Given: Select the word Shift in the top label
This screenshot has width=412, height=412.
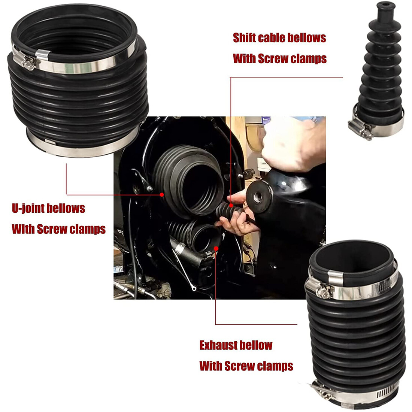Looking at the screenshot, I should coord(244,38).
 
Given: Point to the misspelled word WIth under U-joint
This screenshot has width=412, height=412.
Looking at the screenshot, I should coord(23,229).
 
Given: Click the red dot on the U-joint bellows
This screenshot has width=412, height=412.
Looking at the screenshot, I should coord(161,194).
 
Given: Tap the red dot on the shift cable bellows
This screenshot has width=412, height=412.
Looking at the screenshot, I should coord(231,205).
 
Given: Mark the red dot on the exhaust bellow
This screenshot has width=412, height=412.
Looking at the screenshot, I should coord(216,248).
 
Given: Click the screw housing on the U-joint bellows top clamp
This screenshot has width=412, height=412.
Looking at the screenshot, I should coord(28,62).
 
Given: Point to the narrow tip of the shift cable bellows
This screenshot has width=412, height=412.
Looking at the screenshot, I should coord(383,8).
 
